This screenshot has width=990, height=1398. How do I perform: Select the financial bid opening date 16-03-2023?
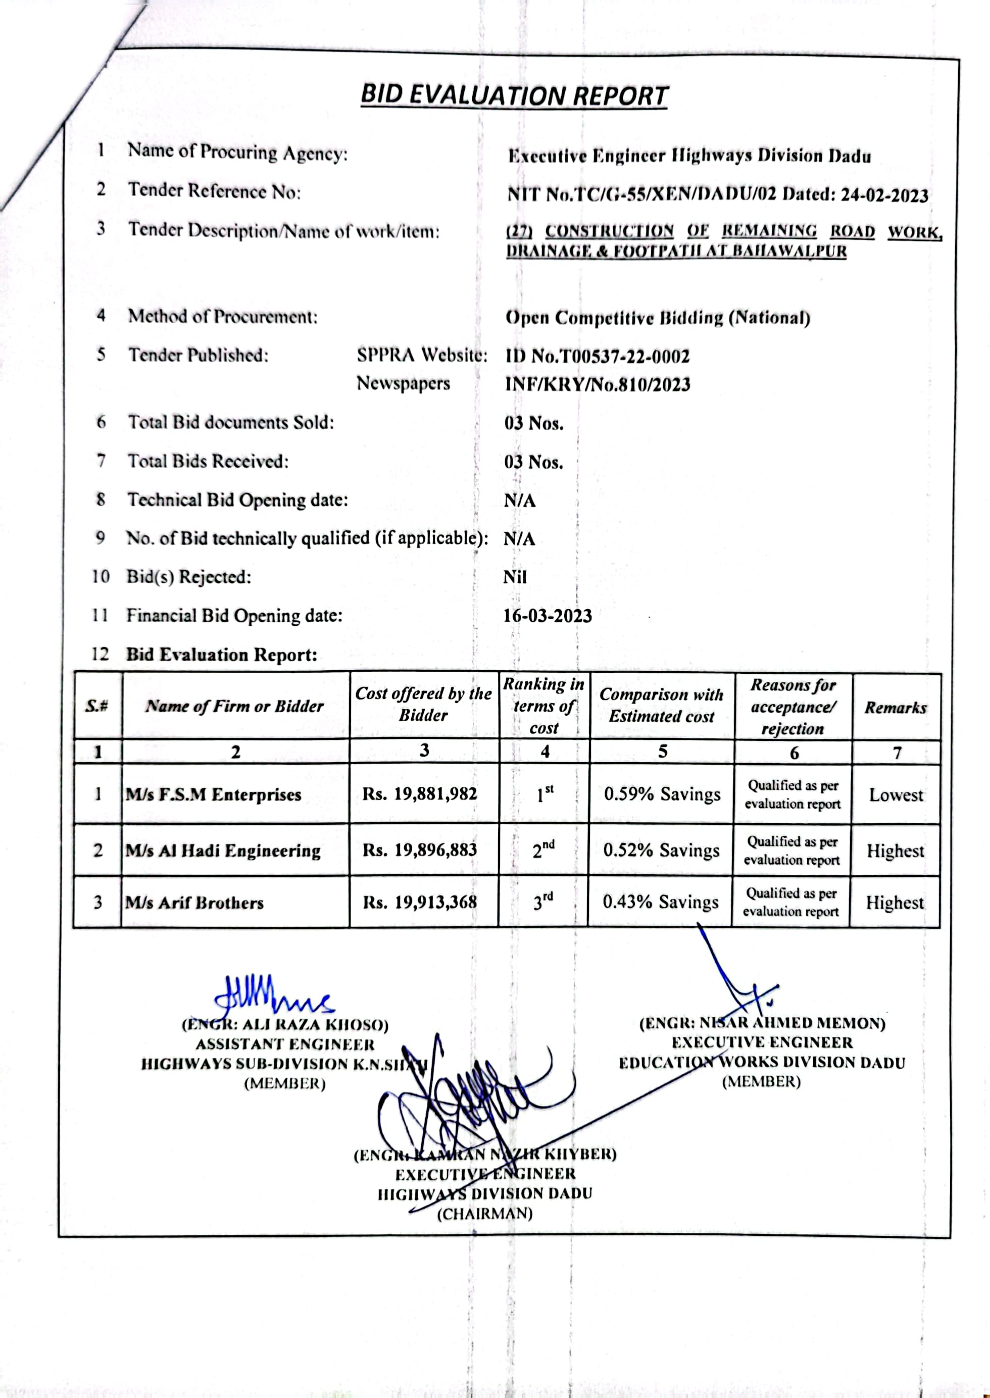click(x=548, y=616)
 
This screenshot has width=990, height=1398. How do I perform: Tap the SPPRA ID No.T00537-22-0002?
click(x=598, y=356)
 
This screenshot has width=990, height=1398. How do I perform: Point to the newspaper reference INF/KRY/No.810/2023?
click(x=598, y=384)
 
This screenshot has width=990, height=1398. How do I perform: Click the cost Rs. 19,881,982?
click(x=420, y=793)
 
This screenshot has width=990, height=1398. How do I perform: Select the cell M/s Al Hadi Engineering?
click(x=223, y=850)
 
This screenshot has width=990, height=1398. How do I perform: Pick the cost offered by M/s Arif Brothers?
click(x=420, y=902)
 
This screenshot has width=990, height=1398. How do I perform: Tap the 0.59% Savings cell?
click(x=662, y=794)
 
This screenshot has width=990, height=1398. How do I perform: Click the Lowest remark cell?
click(x=896, y=794)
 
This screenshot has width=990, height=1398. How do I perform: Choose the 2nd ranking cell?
click(x=544, y=849)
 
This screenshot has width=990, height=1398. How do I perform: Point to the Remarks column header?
click(x=896, y=708)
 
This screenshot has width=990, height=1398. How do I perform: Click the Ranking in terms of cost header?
click(x=544, y=706)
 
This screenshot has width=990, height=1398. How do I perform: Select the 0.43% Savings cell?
click(x=661, y=902)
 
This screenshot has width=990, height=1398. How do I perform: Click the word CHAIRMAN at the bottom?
click(x=484, y=1213)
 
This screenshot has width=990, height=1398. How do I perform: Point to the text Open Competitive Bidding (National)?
click(x=658, y=318)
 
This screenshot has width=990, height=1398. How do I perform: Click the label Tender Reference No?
click(x=214, y=191)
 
